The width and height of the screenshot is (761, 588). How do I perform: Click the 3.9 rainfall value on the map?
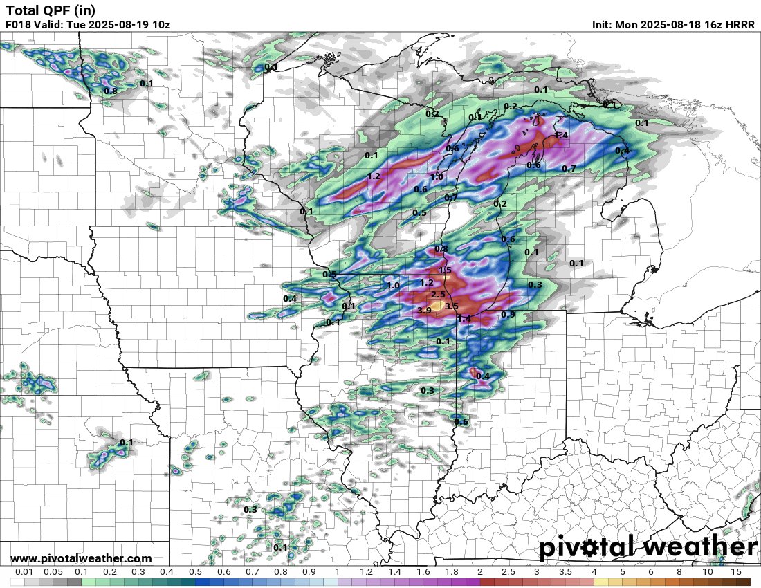[425, 311]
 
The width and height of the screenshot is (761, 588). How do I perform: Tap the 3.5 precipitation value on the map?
[452, 306]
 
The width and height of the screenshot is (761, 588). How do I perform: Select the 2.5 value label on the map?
[438, 295]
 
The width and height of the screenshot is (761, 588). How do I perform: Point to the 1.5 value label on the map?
[445, 270]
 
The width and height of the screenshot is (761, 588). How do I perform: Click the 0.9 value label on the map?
[508, 314]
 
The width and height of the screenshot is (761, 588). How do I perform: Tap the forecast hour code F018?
[19, 25]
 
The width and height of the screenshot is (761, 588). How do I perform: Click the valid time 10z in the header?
[160, 25]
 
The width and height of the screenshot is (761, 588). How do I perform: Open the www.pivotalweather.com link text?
[81, 558]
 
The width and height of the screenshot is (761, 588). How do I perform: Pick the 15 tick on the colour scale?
[736, 573]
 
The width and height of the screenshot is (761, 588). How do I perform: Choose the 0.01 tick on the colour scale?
[25, 573]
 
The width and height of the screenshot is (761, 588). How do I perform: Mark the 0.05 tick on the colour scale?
[53, 573]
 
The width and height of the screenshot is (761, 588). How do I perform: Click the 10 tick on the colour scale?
[708, 573]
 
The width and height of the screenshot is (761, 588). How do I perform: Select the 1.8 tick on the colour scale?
[451, 573]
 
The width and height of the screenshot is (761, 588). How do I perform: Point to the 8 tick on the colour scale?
[679, 573]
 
